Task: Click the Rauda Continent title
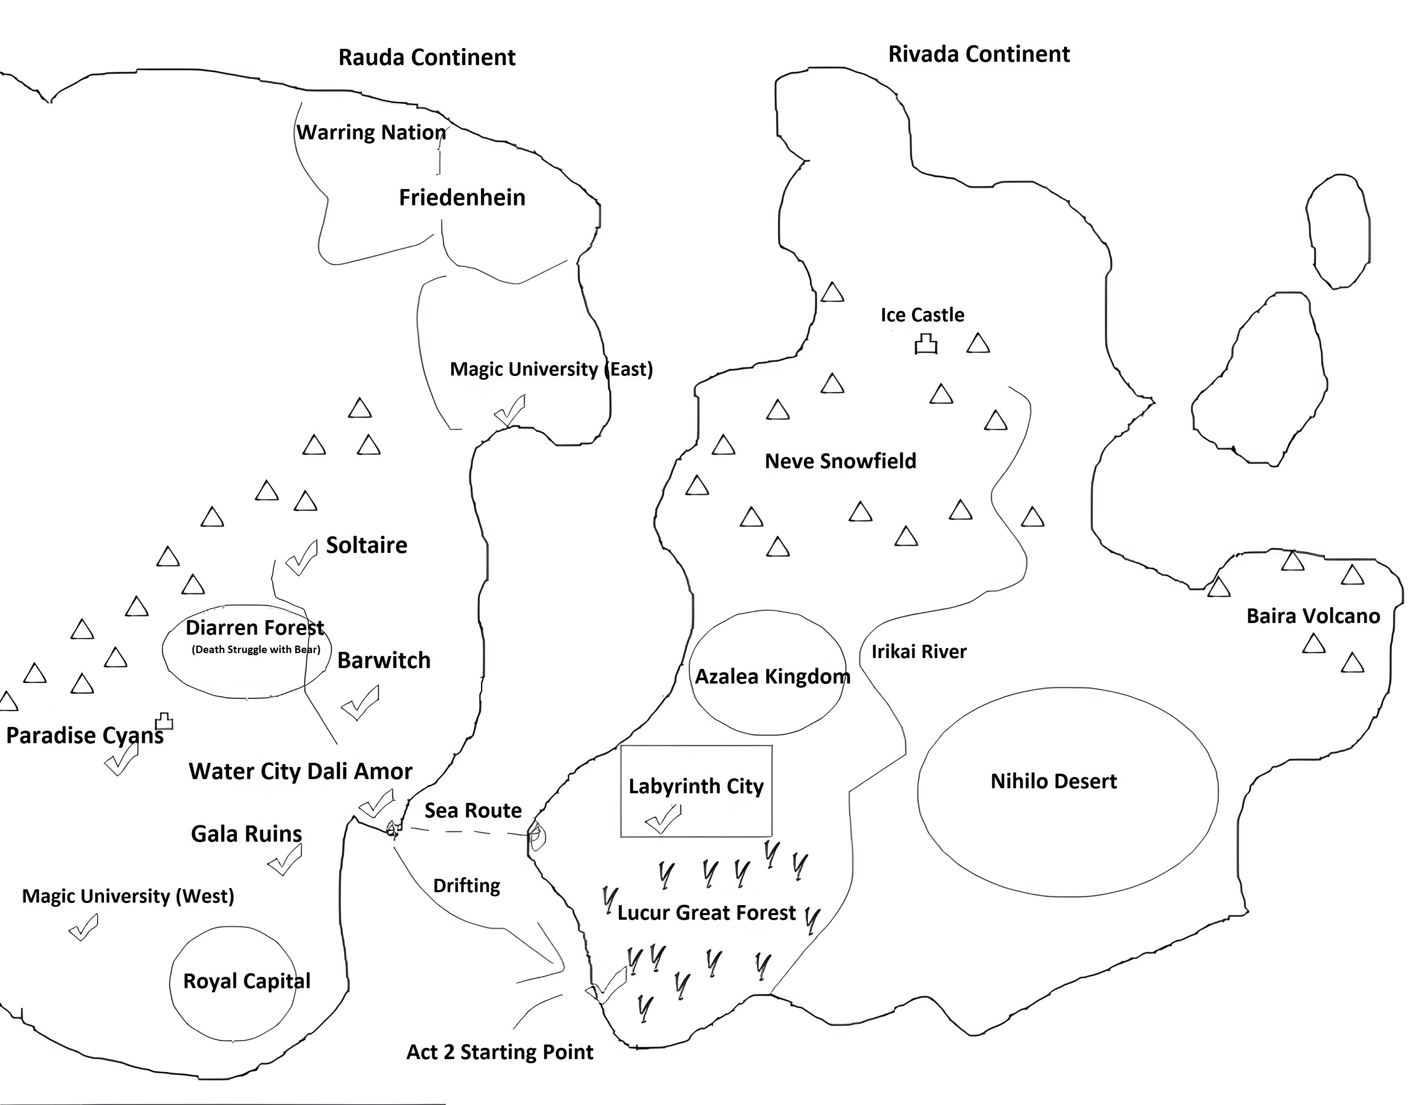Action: coord(427,58)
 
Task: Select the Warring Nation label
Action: coord(371,132)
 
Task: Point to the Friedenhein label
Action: coord(462,198)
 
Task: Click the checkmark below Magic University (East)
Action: coord(510,411)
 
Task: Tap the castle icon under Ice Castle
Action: coord(926,345)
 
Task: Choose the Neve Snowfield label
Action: coord(840,462)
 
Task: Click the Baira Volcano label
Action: coord(1313,616)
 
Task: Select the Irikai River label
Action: coord(919,651)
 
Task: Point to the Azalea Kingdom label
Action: coord(772,677)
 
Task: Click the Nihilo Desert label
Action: coord(1053,781)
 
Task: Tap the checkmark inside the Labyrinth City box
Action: coord(663,820)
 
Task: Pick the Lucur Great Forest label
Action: coord(706,913)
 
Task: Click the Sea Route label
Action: coord(473,810)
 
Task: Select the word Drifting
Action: coord(466,886)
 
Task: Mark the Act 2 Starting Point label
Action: coord(499,1052)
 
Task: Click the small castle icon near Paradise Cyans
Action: coord(164,721)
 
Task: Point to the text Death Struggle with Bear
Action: coord(256,649)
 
